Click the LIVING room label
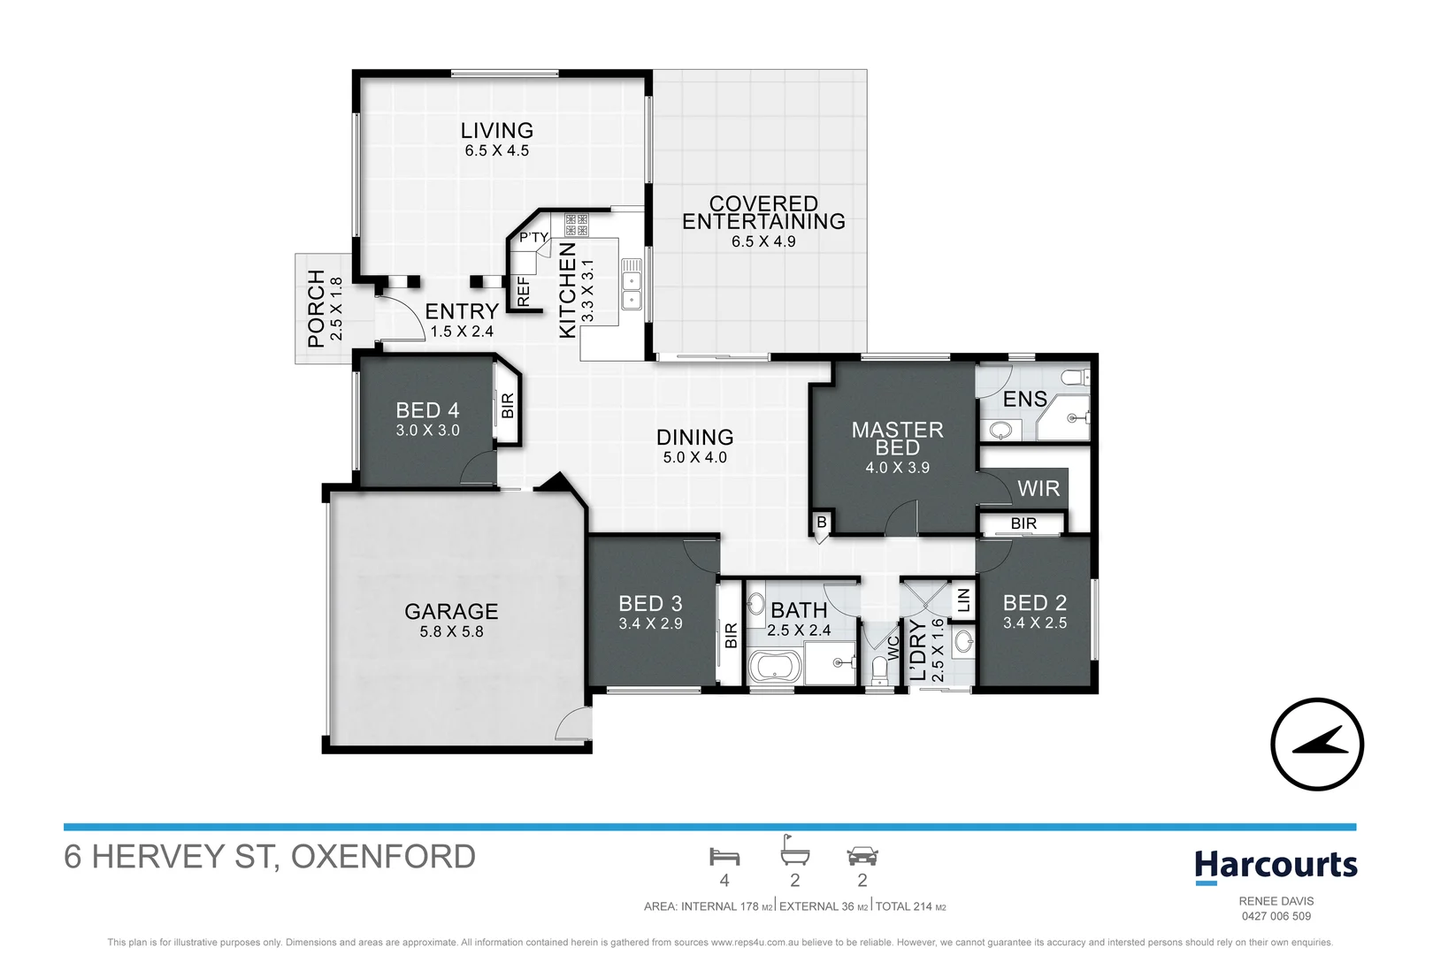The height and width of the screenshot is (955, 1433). (x=497, y=131)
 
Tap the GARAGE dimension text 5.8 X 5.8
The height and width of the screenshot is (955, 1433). (x=452, y=632)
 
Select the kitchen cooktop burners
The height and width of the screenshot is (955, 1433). (x=577, y=225)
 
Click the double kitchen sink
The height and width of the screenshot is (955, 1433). (x=632, y=284)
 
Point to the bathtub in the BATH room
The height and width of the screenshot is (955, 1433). (x=775, y=667)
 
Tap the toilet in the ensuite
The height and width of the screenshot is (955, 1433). (x=1076, y=378)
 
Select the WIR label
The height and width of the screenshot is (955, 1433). (x=1038, y=489)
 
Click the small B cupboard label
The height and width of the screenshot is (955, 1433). (x=822, y=523)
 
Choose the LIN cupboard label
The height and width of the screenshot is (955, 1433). (x=963, y=600)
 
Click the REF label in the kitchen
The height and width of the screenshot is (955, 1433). (x=524, y=291)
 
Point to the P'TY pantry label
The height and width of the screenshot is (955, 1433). (x=533, y=238)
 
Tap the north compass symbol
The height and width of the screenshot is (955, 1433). (x=1317, y=745)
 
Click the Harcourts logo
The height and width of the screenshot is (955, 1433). (x=1276, y=867)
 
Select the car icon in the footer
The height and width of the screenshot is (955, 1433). (x=862, y=856)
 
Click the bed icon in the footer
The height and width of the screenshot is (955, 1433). (x=724, y=857)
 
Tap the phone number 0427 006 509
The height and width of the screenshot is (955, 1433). (x=1276, y=916)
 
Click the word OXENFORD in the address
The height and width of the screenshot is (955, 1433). (x=383, y=857)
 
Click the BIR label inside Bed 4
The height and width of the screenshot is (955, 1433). (x=508, y=406)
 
